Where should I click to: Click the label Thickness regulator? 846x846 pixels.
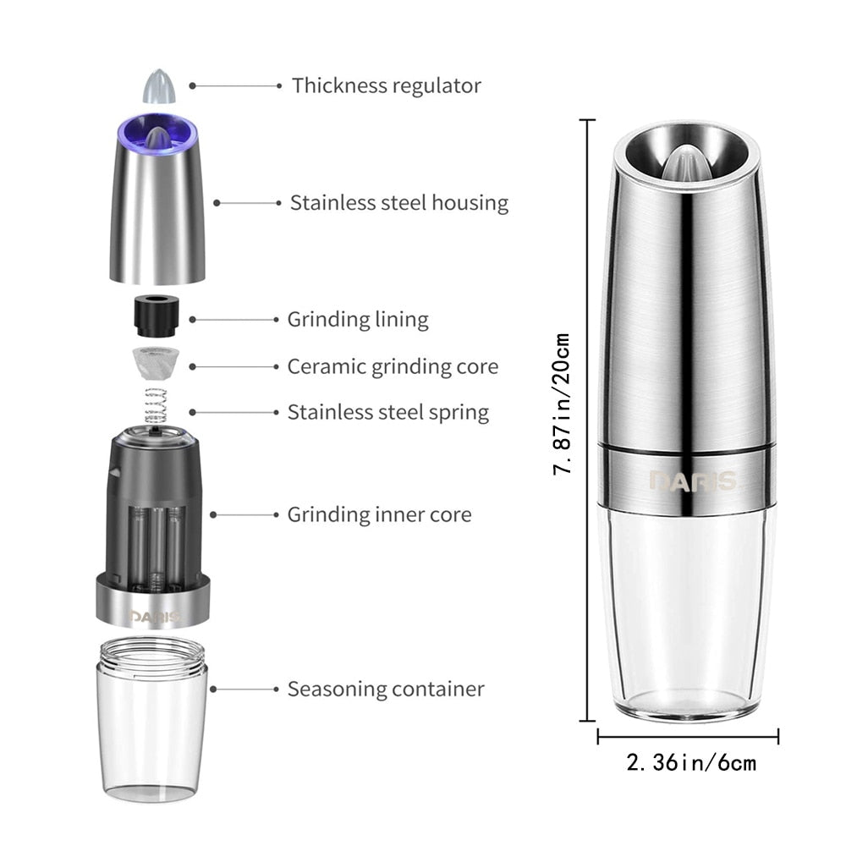386,85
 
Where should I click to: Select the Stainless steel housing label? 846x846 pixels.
398,203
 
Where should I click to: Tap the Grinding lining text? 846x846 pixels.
357,320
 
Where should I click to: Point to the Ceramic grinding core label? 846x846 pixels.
392,366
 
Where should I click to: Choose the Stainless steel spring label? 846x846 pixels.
387,412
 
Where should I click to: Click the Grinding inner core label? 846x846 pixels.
379,514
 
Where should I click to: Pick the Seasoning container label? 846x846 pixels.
385,689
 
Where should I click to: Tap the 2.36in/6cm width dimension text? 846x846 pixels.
690,763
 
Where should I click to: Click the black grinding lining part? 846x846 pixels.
154,317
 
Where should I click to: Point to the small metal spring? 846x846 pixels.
156,406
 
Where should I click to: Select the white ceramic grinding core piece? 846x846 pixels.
154,365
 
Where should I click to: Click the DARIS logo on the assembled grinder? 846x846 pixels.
691,481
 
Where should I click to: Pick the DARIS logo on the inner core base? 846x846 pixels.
155,617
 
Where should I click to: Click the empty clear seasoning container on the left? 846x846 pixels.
152,728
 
